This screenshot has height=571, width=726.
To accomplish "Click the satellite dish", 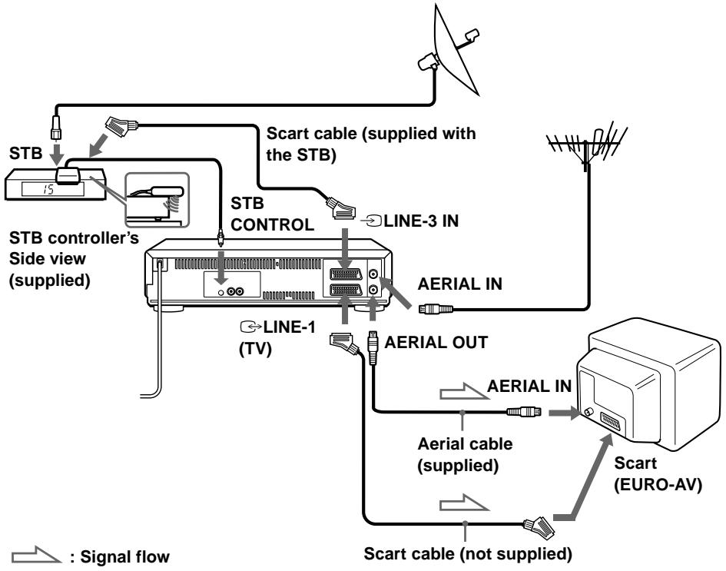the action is pos(452,51).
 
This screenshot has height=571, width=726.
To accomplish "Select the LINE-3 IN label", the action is pos(416,221).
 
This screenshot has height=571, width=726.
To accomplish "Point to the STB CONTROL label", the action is pos(272,214).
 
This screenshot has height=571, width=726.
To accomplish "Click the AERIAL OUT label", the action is pos(436,342).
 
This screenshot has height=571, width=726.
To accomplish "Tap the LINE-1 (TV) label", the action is pos(277,337).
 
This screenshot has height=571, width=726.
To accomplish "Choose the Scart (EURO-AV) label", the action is pos(658,473).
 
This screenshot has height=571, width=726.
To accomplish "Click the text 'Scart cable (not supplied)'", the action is pos(468,553).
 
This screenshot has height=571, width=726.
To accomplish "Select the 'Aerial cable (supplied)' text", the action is pos(465,455).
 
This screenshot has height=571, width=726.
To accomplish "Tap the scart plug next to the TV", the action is pos(539,527).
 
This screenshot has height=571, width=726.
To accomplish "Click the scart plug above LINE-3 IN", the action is pos(341,208).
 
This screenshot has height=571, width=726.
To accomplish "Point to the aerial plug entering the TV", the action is pos(524,411).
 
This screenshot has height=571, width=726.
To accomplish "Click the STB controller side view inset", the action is pos(157,200).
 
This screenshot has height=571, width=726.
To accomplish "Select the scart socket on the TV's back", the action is pos(610,421).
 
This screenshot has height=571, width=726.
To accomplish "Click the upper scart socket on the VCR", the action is pos(346,274).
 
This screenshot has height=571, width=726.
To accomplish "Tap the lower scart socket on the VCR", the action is pos(346,290).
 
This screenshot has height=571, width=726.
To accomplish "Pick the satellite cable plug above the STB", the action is pos(55,127).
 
